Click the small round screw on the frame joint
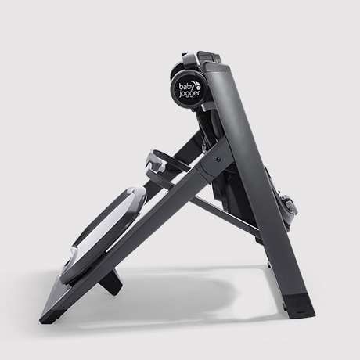[218, 159]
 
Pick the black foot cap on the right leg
[299, 303]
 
